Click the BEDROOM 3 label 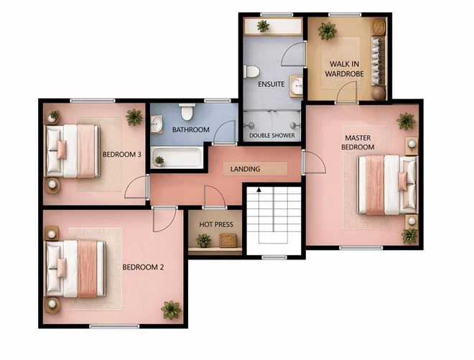click(x=121, y=154)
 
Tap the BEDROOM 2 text click(x=143, y=267)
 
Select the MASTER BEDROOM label click(x=357, y=142)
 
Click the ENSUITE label click(x=271, y=84)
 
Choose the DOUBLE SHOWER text click(x=271, y=135)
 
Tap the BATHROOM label click(x=190, y=130)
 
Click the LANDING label click(x=245, y=169)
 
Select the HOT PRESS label click(x=215, y=224)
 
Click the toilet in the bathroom click(x=187, y=111)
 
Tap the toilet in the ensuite click(x=251, y=72)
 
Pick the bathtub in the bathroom click(x=177, y=157)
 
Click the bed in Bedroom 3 click(x=72, y=151)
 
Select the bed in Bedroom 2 click(x=75, y=268)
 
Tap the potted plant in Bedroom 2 click(x=171, y=310)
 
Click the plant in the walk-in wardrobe click(x=327, y=31)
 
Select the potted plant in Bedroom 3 click(x=134, y=116)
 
